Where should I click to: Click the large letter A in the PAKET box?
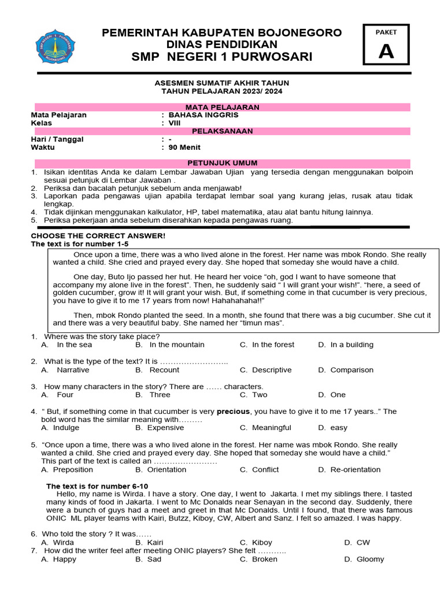pos(386,52)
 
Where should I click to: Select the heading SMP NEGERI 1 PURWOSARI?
pos(222,57)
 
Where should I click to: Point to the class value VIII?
pos(175,123)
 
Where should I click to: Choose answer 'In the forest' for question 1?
pos(273,345)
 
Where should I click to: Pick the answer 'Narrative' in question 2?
pos(73,370)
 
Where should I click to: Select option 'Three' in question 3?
pos(160,395)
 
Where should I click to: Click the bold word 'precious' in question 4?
pos(233,412)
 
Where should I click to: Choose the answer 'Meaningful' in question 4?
pos(271,428)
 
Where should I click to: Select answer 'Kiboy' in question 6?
pos(262,542)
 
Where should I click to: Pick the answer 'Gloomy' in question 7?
pos(370,559)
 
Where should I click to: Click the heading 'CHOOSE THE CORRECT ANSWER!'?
pos(98,236)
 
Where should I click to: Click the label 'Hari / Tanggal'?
pos(57,139)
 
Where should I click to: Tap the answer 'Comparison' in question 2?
pos(351,370)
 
